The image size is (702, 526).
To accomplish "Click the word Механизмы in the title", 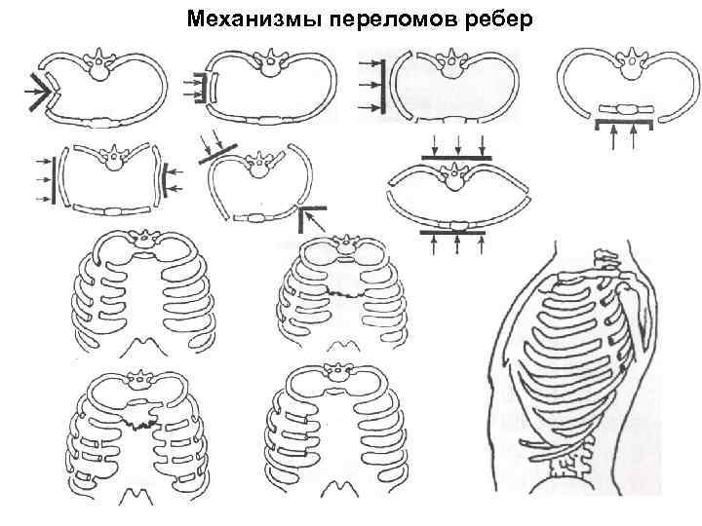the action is point(232,19).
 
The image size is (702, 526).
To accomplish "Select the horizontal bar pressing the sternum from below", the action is point(624,123).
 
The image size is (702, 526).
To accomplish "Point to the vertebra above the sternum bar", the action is point(624,65).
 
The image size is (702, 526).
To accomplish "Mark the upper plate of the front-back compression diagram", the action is point(457,156).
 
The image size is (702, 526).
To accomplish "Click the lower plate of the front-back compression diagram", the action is point(457,233).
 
